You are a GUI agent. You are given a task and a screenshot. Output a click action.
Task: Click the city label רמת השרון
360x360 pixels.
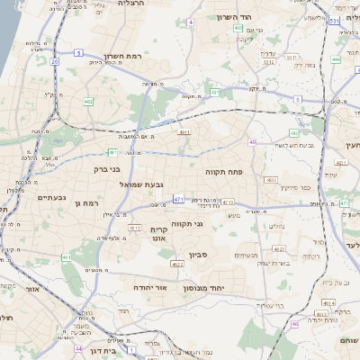coord(124,56)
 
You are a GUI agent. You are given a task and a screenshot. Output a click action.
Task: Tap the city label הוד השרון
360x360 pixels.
coord(259,18)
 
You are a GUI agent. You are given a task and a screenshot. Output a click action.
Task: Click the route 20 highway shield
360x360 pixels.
coord(54,62)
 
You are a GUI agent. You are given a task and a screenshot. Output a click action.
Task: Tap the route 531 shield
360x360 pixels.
coord(334,19)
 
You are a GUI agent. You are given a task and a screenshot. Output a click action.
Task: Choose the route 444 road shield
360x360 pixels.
coord(336,59)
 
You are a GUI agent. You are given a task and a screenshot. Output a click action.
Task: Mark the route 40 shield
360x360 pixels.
coord(253,142)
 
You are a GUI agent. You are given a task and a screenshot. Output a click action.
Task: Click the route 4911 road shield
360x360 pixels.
coord(184,132)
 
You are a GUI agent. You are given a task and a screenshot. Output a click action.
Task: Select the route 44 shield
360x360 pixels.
coord(78,348)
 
